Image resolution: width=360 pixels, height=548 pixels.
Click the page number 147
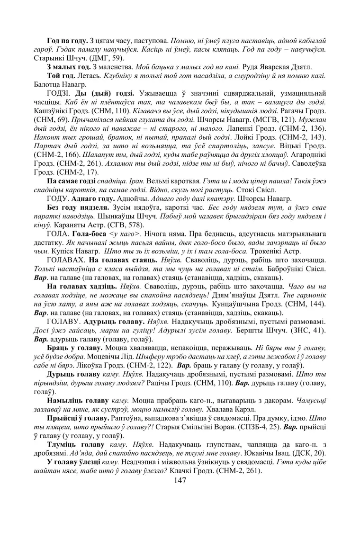180,480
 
